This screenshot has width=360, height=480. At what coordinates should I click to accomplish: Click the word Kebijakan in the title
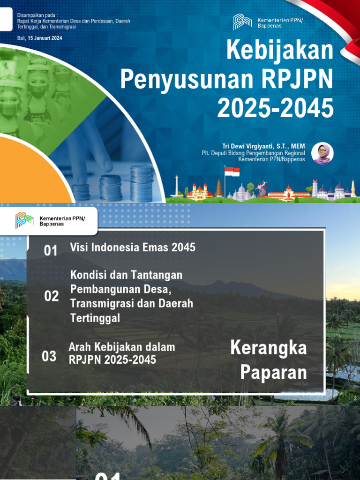[x=280, y=51]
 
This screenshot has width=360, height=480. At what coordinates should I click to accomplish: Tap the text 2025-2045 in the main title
[x=275, y=108]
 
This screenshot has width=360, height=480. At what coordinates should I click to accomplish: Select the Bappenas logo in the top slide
[x=242, y=22]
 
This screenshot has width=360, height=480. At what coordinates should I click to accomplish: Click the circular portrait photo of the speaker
[x=322, y=153]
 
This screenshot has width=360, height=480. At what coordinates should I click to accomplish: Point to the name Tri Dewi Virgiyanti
[x=248, y=146]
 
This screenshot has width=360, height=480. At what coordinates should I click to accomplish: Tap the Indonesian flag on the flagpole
[x=232, y=172]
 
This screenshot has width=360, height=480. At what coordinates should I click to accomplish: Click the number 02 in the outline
[x=52, y=296]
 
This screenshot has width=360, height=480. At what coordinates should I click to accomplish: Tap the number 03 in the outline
[x=49, y=357]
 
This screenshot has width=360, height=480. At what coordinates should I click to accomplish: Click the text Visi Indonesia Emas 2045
[x=133, y=247]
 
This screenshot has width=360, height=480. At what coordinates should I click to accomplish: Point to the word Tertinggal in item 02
[x=95, y=318]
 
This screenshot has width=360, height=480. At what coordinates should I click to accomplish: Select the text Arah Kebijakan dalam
[x=122, y=347]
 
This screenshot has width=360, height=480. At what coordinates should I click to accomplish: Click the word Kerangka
[x=269, y=348]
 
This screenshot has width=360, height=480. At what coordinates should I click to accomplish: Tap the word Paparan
[x=274, y=373]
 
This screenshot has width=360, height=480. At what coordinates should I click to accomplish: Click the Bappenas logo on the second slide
[x=25, y=220]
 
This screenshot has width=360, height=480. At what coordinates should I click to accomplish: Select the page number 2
[x=355, y=398]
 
